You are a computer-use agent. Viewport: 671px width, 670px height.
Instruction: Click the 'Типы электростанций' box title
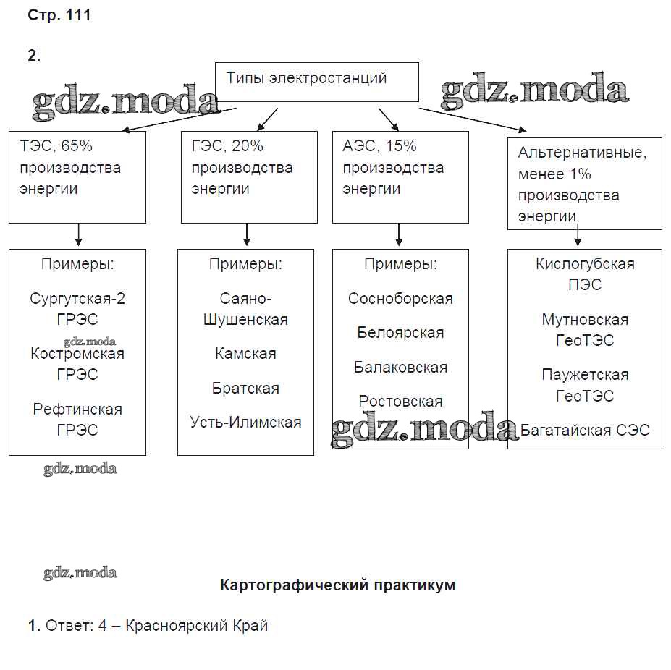[306, 78]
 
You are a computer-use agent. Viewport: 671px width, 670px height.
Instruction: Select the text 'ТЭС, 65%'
[56, 146]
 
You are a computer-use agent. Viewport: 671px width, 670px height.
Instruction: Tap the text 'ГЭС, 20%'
[227, 146]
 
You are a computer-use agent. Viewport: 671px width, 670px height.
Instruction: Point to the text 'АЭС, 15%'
[379, 146]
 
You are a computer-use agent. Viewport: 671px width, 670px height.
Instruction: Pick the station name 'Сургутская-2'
[77, 299]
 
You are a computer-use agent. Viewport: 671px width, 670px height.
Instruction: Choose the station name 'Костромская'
[77, 354]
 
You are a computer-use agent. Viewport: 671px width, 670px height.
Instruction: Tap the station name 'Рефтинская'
[77, 410]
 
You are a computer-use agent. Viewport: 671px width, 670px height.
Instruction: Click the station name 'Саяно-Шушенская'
[245, 309]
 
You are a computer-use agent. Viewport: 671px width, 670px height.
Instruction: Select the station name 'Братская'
[245, 389]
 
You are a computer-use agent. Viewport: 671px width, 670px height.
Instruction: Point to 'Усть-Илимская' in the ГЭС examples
[245, 423]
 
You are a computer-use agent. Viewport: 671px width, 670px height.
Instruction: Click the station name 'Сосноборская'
[400, 299]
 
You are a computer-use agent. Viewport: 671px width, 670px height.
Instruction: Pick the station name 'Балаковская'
[400, 368]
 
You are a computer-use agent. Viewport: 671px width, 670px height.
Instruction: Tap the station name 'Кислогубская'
[585, 264]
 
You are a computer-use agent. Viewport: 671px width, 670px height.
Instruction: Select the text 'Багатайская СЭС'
[585, 431]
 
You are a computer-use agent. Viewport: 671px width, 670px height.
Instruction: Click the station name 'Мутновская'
[585, 320]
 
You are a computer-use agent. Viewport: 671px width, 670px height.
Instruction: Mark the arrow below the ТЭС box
[78, 235]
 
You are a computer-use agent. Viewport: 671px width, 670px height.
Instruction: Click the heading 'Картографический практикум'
[337, 585]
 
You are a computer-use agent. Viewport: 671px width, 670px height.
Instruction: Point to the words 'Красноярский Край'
[197, 626]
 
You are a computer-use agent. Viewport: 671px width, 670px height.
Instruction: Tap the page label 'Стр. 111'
[59, 15]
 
